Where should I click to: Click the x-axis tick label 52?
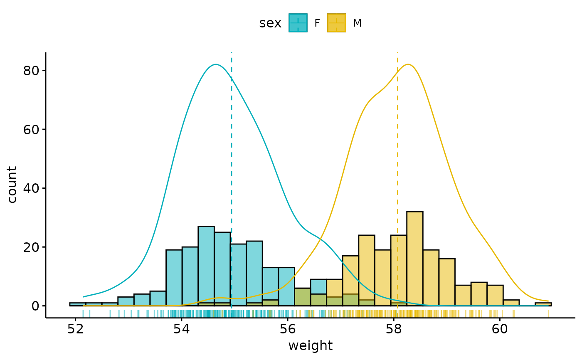(x=76, y=328)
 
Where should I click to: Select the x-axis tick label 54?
(x=182, y=328)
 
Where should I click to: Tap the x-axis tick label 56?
(x=288, y=328)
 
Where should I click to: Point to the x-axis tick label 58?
(x=394, y=328)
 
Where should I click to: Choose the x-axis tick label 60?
(x=500, y=328)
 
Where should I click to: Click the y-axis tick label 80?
(x=31, y=71)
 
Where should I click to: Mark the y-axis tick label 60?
(x=31, y=130)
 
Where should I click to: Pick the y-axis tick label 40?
(x=31, y=188)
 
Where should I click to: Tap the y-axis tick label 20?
(x=31, y=247)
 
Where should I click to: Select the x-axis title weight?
(x=310, y=346)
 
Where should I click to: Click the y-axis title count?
(x=12, y=185)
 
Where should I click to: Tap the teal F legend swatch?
(x=298, y=23)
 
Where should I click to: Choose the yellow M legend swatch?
(x=336, y=23)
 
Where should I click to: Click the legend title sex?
(x=270, y=24)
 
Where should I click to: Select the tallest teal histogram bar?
(x=206, y=266)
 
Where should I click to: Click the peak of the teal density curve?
(x=216, y=64)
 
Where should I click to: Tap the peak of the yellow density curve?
(x=409, y=64)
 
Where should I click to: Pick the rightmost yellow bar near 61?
(x=543, y=304)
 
